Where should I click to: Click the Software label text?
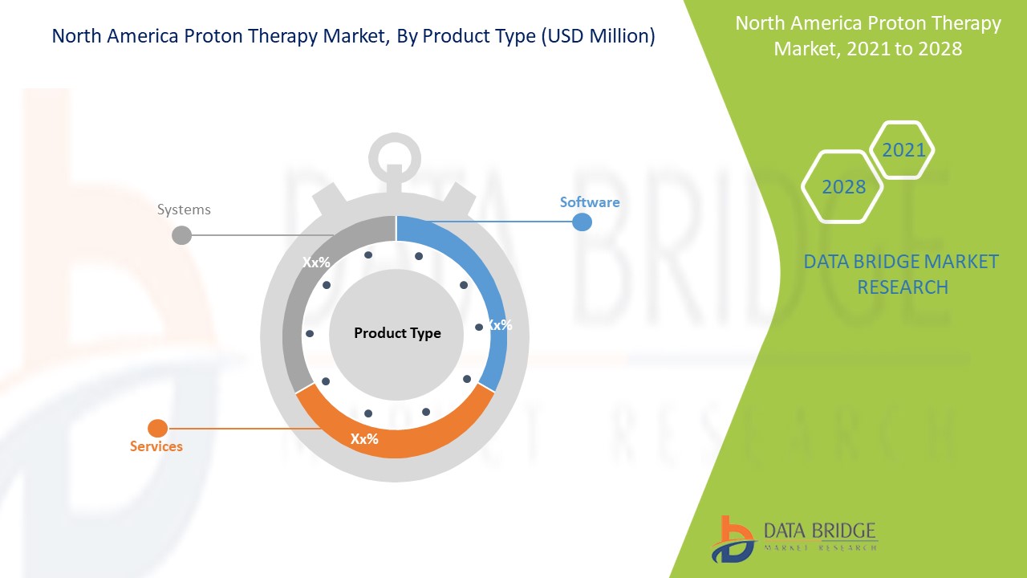click(590, 202)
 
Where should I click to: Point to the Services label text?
click(156, 446)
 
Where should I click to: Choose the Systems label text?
click(184, 210)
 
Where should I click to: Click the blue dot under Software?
click(582, 222)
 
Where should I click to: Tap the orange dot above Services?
click(158, 429)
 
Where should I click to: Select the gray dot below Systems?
click(182, 235)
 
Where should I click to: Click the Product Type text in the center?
click(397, 333)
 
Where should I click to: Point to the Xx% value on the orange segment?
click(364, 439)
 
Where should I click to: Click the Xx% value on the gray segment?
click(316, 262)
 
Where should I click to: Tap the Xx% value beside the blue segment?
click(499, 325)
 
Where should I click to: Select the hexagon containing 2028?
click(843, 186)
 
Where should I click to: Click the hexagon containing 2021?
click(903, 150)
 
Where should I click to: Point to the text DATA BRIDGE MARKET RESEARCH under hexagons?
click(901, 274)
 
